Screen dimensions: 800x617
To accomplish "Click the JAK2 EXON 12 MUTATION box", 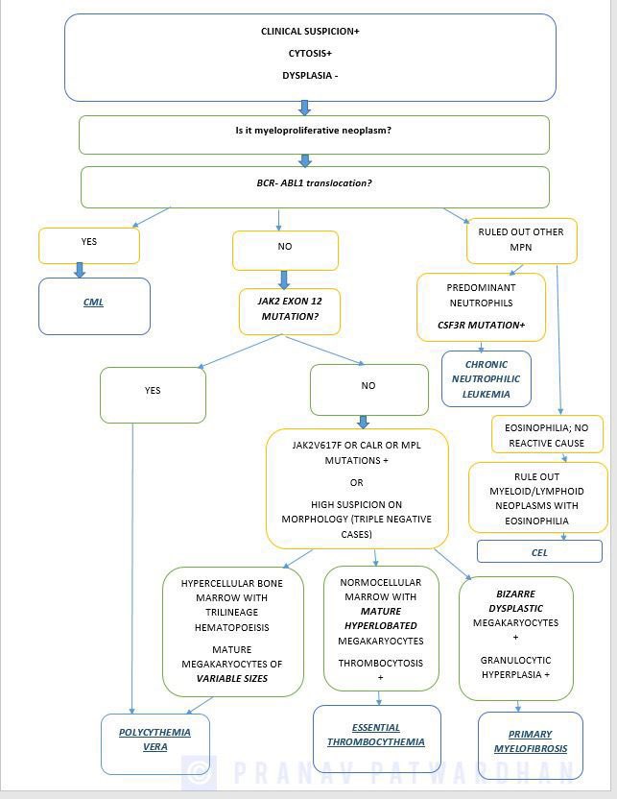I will (x=289, y=308).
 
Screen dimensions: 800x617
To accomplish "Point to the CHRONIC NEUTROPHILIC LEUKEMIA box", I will (x=486, y=378).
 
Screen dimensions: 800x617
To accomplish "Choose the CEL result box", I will (x=539, y=552).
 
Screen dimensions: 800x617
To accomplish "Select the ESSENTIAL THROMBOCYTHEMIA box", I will (x=375, y=735).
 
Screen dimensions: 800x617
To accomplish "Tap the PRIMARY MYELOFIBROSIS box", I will (x=530, y=741).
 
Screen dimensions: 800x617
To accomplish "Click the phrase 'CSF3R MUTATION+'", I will (x=481, y=326).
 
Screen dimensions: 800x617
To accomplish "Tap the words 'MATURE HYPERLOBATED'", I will (x=380, y=618).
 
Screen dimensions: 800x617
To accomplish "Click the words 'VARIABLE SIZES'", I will (x=232, y=679).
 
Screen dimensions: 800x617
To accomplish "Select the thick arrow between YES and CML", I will (x=80, y=271).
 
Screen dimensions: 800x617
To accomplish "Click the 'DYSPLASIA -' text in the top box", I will (x=310, y=75).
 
